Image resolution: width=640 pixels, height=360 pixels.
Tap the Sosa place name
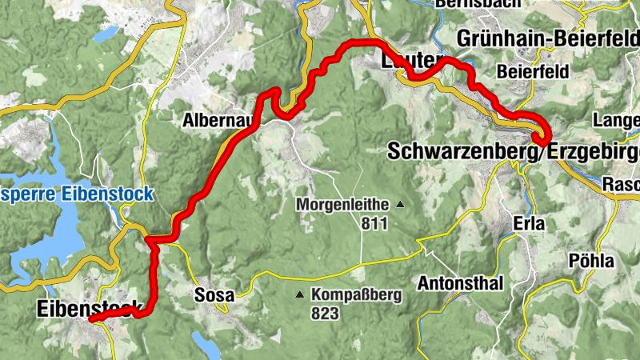click(x=214, y=295)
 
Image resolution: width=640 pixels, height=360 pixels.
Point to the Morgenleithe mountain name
click(x=342, y=205)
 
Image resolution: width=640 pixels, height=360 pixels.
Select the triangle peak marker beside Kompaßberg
click(x=300, y=294)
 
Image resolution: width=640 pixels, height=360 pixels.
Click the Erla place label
click(x=529, y=225)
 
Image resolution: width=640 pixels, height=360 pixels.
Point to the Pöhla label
click(x=590, y=262)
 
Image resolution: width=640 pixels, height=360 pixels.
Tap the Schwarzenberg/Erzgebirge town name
click(x=512, y=150)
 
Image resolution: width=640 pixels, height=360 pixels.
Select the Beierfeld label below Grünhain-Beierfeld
click(x=533, y=71)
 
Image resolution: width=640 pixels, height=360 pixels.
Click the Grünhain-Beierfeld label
click(x=547, y=38)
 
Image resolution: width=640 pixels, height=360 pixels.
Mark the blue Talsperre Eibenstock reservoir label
click(x=75, y=194)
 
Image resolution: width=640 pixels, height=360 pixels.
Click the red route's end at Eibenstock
click(x=91, y=319)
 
